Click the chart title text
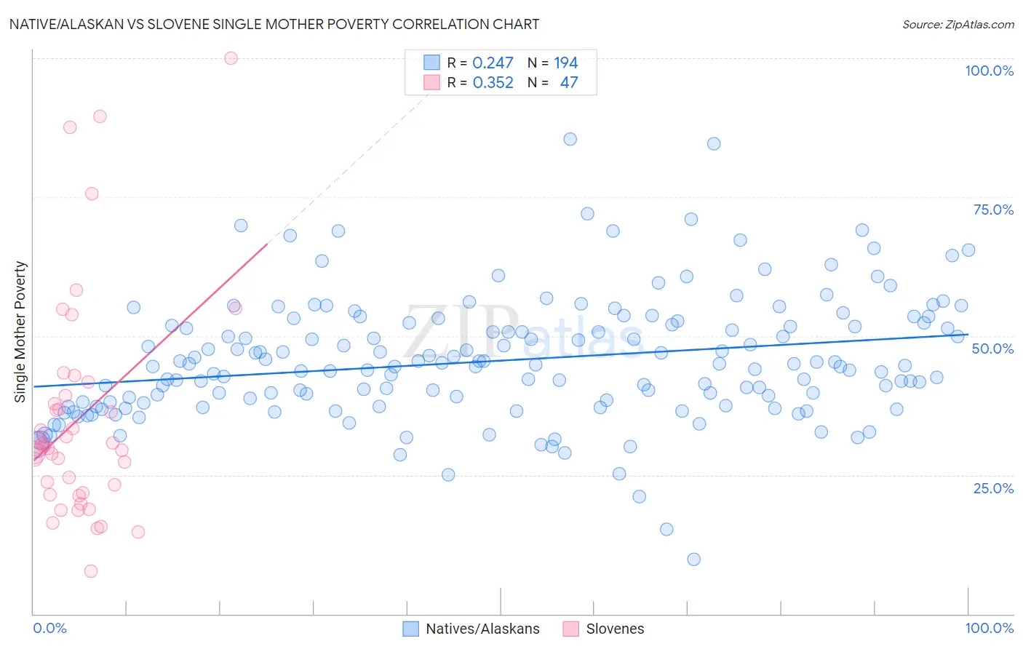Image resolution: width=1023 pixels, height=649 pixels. tap(274, 24)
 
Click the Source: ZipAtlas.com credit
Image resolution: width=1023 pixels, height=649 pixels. tap(958, 25)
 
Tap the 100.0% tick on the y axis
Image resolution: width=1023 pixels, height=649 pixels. tap(989, 71)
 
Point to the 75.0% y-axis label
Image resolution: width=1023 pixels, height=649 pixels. tap(993, 210)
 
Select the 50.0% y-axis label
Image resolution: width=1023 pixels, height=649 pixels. tap(992, 349)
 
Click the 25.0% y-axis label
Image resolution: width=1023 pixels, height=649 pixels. tap(993, 488)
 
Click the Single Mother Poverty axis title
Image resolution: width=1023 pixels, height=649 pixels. tap(20, 332)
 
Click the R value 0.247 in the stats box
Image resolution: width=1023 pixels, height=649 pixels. tap(493, 63)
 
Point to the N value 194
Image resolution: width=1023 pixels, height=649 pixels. tap(565, 63)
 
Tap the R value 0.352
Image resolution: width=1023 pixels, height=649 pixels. tap(493, 83)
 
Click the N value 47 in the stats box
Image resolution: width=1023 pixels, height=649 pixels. tap(568, 83)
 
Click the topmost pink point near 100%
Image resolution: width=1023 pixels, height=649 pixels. tap(231, 58)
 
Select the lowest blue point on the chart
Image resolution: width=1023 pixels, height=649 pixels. tap(693, 560)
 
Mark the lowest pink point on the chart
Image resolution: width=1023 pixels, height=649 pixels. tap(91, 571)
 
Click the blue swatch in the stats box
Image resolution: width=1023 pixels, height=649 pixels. tap(432, 63)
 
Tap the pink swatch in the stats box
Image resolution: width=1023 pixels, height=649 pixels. tap(432, 83)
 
